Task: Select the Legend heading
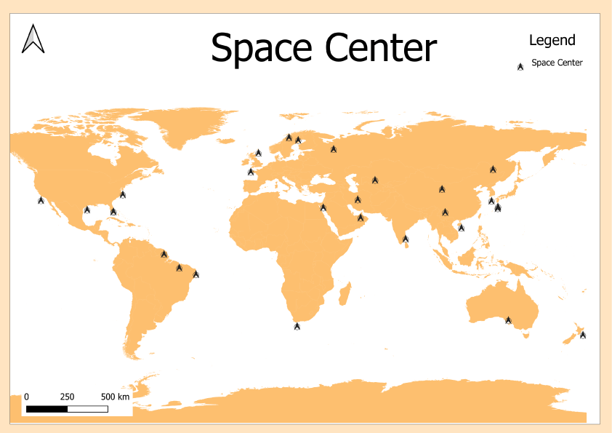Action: [552, 41]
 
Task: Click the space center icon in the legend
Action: [520, 66]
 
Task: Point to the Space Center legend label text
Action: [557, 63]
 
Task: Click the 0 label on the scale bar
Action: [27, 397]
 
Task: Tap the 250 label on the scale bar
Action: [67, 397]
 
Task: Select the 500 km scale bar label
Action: [115, 397]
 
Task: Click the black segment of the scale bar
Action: [47, 409]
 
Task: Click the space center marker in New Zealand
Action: [582, 335]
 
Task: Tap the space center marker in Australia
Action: [509, 319]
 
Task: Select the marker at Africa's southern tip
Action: [297, 326]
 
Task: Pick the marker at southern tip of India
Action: [406, 239]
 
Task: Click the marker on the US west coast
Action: [41, 200]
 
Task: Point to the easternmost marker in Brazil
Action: [196, 274]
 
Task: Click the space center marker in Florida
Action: [113, 211]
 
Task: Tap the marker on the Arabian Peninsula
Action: [360, 217]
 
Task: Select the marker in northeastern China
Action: [493, 169]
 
